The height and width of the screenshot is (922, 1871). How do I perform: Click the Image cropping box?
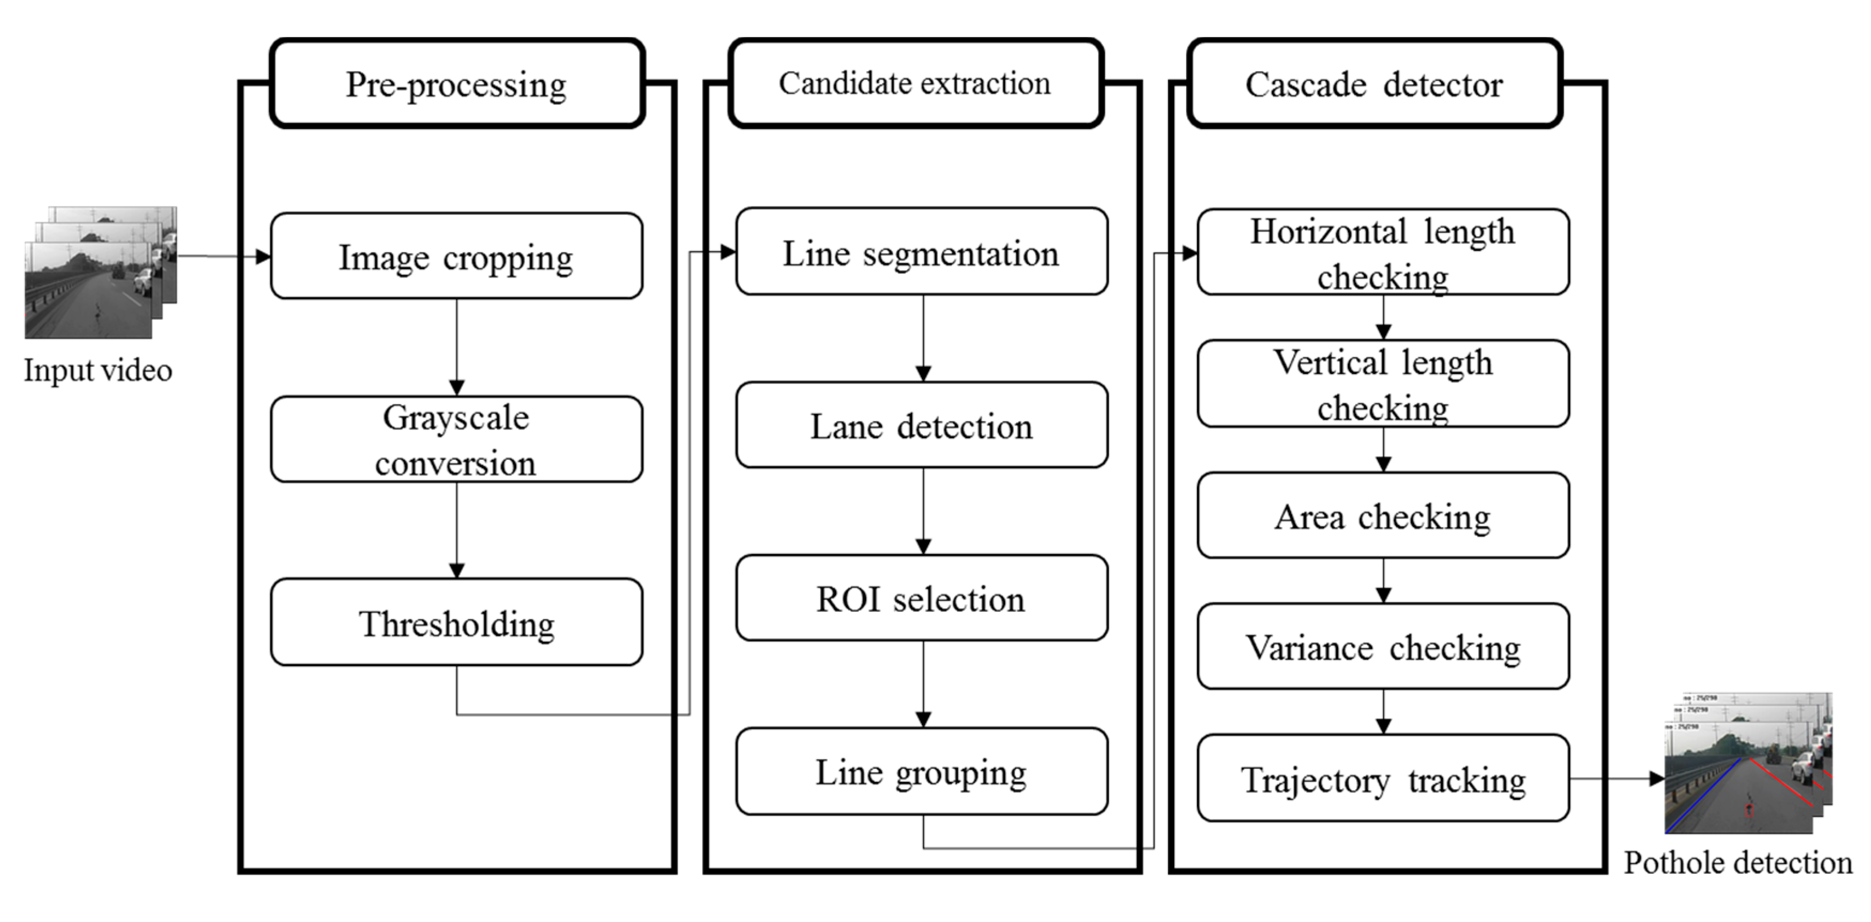click(x=456, y=256)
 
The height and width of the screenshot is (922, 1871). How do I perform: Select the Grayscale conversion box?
click(x=456, y=439)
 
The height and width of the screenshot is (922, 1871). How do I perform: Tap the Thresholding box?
click(x=456, y=622)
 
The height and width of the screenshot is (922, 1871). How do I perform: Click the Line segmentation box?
click(x=921, y=252)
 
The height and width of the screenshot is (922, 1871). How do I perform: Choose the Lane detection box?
click(x=921, y=425)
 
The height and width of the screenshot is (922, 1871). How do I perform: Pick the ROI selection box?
click(x=921, y=598)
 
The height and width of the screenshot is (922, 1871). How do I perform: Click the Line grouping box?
click(x=921, y=771)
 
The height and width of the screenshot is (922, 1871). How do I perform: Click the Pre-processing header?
click(x=456, y=84)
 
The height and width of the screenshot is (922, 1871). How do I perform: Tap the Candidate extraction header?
click(x=915, y=84)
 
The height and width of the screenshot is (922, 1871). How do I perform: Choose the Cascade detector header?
click(x=1374, y=84)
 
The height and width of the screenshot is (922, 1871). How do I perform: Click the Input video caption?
click(x=97, y=370)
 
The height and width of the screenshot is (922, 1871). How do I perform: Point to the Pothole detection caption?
click(x=1737, y=863)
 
